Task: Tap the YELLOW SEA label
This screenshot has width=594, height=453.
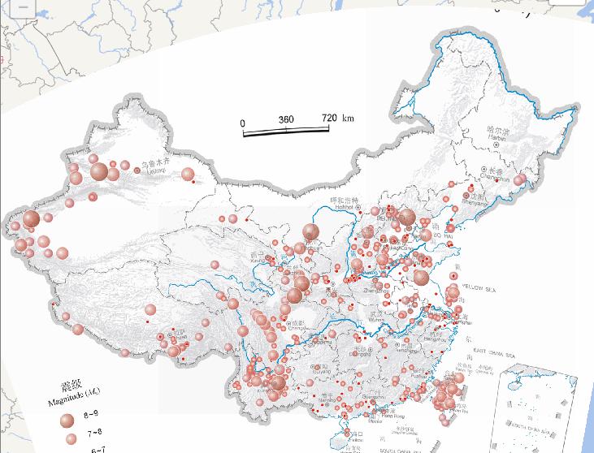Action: pos(479,288)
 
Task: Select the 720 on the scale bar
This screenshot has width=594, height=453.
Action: pos(328,119)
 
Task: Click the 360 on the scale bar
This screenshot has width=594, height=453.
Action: pos(286,119)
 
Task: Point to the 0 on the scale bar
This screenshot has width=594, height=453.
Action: pos(242,123)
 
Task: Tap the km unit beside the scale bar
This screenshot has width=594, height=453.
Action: pos(349,119)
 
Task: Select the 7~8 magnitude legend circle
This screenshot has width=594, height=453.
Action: pos(70,438)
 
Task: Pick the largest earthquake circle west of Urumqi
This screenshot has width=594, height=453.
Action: pos(99,171)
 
